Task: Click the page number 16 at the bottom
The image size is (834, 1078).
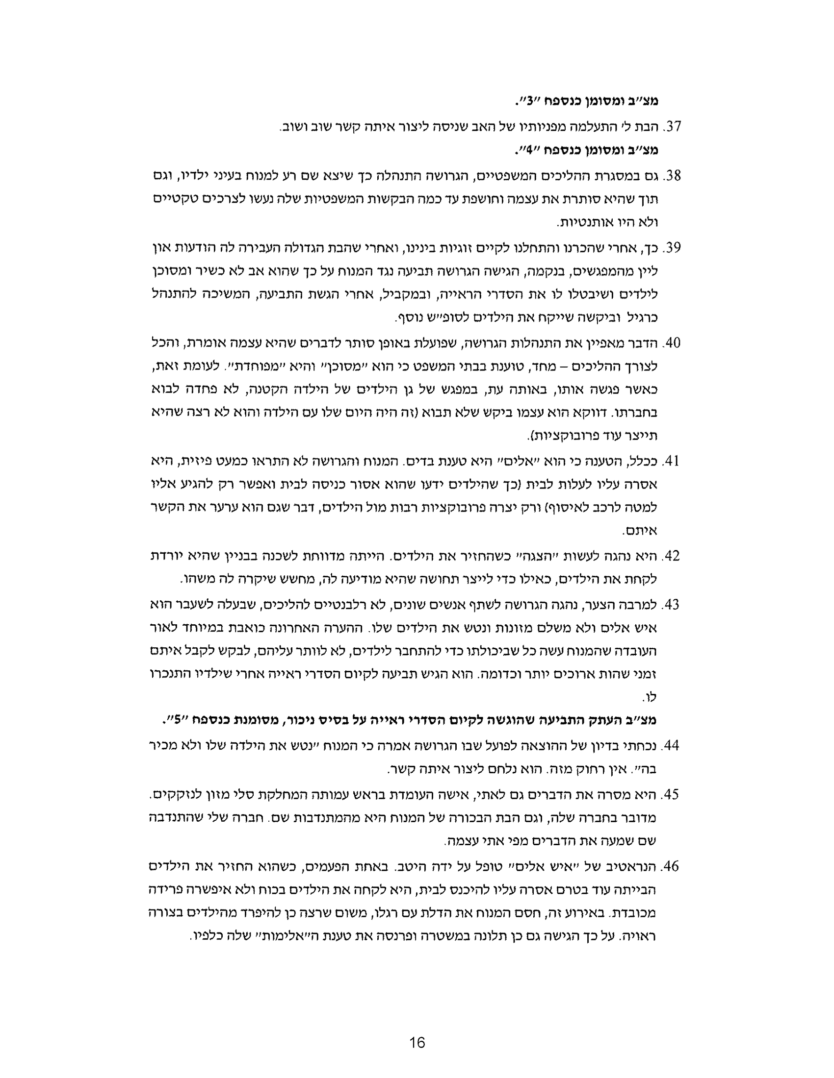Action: [x=417, y=1042]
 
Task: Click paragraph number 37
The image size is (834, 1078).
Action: [x=672, y=127]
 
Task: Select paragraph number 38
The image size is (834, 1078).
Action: [x=672, y=175]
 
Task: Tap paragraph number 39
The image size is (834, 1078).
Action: [x=672, y=247]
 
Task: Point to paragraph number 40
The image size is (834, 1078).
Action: [x=672, y=343]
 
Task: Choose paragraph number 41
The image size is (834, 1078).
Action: [x=672, y=461]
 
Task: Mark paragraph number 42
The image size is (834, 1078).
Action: [x=672, y=556]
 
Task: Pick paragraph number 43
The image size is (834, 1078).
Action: [x=672, y=604]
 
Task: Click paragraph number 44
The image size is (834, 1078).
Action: [x=672, y=745]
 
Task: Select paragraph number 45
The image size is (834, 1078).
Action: [x=672, y=794]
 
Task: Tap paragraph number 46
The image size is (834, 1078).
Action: [x=672, y=866]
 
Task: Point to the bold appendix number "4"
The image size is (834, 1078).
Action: [x=528, y=150]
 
